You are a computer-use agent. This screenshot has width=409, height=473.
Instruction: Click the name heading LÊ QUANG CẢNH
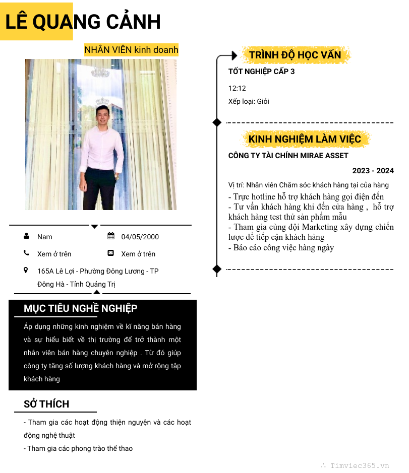83,22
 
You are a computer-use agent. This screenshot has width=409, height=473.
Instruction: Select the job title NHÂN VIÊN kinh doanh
131,50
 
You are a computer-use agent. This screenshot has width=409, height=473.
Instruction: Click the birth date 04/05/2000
140,237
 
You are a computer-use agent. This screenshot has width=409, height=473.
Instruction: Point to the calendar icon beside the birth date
111,236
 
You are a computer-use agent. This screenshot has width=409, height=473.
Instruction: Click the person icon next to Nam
26,236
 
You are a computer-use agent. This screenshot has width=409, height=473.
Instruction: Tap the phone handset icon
26,253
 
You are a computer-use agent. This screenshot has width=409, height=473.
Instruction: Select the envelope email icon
111,253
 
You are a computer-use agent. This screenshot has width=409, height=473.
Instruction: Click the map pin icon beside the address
26,271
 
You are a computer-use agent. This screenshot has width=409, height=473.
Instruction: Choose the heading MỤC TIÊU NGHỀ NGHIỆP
80,308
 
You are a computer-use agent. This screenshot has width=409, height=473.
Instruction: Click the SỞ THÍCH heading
46,404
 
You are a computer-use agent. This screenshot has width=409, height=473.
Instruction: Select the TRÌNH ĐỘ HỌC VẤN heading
295,55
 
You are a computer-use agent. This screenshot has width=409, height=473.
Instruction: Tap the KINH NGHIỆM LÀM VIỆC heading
305,139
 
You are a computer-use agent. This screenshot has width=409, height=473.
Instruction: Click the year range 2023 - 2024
373,171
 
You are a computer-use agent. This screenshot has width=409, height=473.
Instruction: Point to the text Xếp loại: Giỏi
249,101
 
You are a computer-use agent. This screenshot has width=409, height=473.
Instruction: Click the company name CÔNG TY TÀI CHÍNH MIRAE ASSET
288,156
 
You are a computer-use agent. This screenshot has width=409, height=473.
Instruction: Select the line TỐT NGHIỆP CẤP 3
261,72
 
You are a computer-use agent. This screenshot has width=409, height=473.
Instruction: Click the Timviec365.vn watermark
360,466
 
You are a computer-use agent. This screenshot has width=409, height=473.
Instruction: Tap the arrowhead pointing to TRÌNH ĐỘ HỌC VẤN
233,55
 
